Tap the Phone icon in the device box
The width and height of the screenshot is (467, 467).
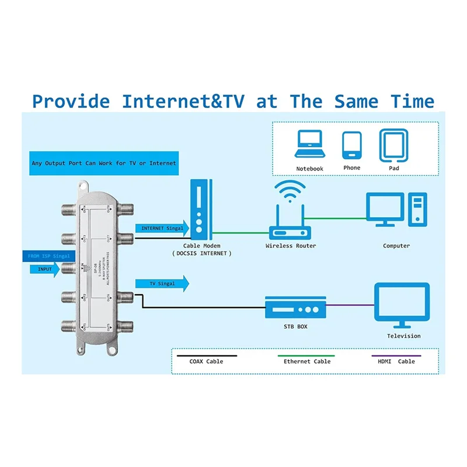(352, 145)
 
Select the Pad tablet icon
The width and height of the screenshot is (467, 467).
(392, 145)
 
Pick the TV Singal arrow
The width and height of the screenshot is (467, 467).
(162, 283)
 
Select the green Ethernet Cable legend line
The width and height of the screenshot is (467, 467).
(307, 355)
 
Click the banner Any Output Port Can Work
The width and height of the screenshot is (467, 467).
(103, 163)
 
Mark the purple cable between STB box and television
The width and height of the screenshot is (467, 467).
(350, 304)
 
